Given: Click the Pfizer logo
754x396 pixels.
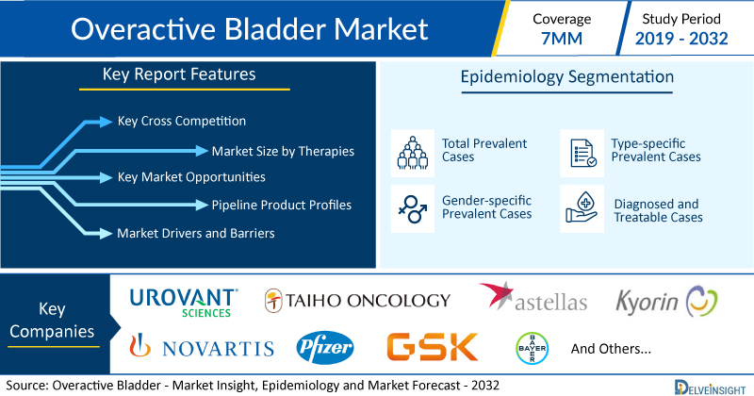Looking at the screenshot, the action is [x=324, y=347].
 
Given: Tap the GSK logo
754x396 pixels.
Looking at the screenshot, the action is [x=433, y=347].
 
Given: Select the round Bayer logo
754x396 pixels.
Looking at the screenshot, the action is [x=532, y=348].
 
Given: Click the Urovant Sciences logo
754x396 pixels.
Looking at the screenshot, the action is [x=184, y=303].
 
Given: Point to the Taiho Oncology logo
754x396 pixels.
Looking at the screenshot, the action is [x=357, y=301].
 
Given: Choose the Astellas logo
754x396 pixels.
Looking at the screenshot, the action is [x=533, y=297].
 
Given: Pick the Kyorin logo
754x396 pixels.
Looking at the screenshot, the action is [x=666, y=302].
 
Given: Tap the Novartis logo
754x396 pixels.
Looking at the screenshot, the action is [x=202, y=346].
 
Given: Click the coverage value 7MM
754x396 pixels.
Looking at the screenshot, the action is [x=562, y=39].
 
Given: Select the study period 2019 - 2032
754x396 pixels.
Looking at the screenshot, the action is [x=681, y=39].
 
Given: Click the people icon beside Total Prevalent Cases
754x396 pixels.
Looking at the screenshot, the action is [x=413, y=153].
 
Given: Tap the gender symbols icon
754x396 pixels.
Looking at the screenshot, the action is [x=413, y=208].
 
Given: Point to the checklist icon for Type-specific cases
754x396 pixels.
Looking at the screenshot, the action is [x=582, y=153].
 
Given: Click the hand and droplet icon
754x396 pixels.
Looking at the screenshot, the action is [x=582, y=207].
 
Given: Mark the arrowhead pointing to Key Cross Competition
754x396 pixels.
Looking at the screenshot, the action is [x=106, y=122].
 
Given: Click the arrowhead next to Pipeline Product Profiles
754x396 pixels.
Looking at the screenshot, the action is [x=202, y=205].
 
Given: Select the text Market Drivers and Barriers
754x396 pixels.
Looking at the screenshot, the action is [x=196, y=234].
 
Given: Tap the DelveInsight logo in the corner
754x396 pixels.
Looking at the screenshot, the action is [x=710, y=388].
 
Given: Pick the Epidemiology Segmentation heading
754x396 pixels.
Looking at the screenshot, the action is [x=567, y=77].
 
